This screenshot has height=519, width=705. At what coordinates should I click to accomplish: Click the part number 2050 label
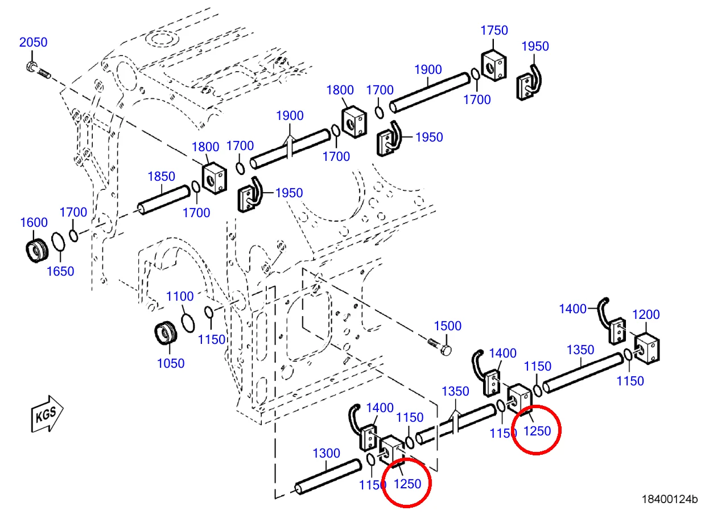[x=34, y=42]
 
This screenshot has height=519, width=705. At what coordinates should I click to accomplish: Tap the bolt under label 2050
[x=38, y=70]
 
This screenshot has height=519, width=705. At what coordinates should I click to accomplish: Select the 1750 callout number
[x=494, y=31]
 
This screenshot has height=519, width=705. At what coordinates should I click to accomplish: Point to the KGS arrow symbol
[x=47, y=414]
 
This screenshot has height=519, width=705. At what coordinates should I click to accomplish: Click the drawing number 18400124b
[x=669, y=499]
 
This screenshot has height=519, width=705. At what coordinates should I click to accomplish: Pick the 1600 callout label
[x=34, y=223]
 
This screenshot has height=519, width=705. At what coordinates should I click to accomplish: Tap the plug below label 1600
[x=37, y=251]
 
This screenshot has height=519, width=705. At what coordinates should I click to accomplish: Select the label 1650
[x=60, y=271]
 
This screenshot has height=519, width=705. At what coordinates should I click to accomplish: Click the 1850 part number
[x=162, y=176]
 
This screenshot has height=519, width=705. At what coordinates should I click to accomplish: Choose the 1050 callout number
[x=171, y=363]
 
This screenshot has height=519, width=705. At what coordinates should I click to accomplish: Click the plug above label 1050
[x=166, y=333]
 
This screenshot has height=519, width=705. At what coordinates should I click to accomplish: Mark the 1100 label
[x=180, y=296]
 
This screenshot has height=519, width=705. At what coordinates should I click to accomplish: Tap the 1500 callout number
[x=448, y=326]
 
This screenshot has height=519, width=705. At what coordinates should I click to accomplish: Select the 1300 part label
[x=327, y=453]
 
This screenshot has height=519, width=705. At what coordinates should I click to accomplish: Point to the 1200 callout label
[x=646, y=314]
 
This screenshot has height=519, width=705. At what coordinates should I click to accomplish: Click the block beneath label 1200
[x=646, y=348]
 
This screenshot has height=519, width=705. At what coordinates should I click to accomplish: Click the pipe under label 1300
[x=328, y=476]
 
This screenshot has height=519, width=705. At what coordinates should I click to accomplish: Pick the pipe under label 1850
[x=164, y=200]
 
